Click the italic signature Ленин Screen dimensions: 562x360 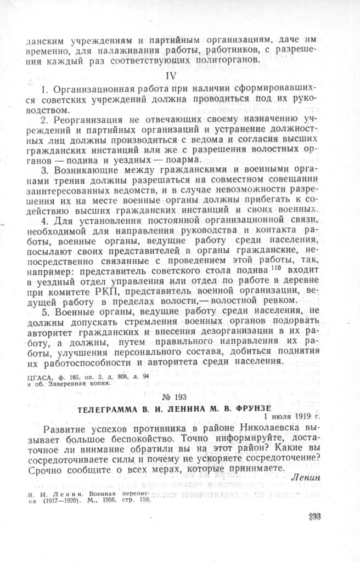click(303, 475)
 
